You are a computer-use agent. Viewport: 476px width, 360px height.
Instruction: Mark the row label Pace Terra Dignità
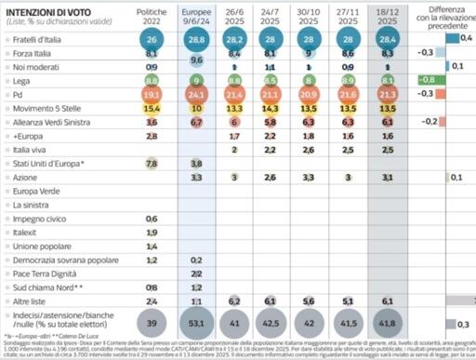point(47,273)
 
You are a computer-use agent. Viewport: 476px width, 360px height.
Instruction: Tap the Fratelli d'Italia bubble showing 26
point(152,41)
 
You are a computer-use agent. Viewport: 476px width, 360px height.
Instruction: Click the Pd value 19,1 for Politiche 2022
point(152,94)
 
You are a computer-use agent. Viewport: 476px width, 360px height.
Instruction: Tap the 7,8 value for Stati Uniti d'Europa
point(152,164)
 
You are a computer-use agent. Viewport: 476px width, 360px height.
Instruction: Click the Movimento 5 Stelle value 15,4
point(152,108)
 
